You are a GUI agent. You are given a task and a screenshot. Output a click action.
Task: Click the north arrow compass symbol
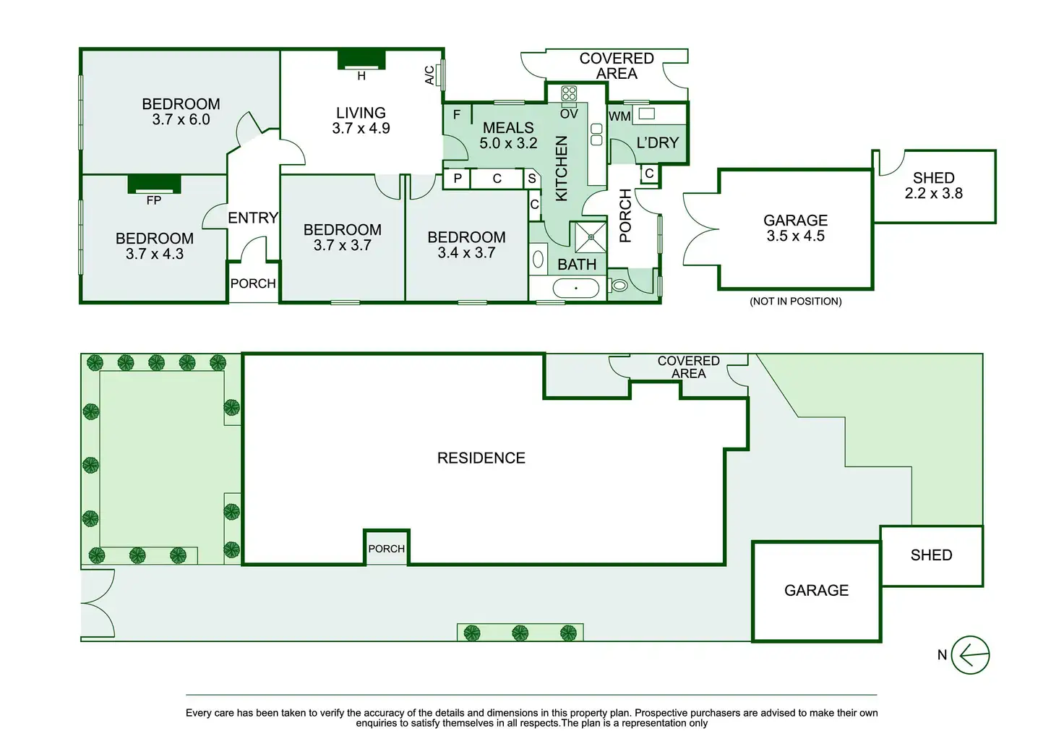pyautogui.click(x=970, y=655)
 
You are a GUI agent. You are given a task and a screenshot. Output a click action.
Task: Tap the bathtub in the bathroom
pyautogui.click(x=576, y=289)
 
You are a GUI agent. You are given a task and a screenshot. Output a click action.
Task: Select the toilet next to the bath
pyautogui.click(x=619, y=285)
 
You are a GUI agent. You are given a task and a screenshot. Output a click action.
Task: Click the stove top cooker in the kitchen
pyautogui.click(x=569, y=93)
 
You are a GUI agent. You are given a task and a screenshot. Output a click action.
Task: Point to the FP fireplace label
pyautogui.click(x=154, y=200)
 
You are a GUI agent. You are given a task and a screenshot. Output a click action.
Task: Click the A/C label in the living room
pyautogui.click(x=429, y=75)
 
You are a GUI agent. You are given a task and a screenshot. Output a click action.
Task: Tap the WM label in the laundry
pyautogui.click(x=619, y=116)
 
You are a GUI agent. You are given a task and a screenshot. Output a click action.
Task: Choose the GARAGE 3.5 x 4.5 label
pyautogui.click(x=795, y=228)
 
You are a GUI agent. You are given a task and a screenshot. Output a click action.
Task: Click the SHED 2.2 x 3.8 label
pyautogui.click(x=934, y=186)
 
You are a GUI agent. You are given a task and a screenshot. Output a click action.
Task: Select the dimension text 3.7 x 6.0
pyautogui.click(x=181, y=120)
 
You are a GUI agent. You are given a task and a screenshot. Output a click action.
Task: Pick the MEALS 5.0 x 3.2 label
pyautogui.click(x=508, y=135)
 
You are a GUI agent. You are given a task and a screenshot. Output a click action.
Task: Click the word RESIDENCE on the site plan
pyautogui.click(x=481, y=458)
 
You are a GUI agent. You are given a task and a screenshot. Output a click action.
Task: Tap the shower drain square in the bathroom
pyautogui.click(x=591, y=237)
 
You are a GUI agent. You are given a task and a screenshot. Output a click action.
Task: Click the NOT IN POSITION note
pyautogui.click(x=795, y=302)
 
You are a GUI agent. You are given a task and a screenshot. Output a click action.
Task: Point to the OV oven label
pyautogui.click(x=569, y=114)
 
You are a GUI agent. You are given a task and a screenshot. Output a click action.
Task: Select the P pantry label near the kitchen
pyautogui.click(x=458, y=179)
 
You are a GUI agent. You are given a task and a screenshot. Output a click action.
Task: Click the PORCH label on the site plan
pyautogui.click(x=387, y=549)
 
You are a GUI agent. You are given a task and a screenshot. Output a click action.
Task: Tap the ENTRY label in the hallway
pyautogui.click(x=253, y=218)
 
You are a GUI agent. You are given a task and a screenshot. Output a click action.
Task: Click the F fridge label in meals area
pyautogui.click(x=457, y=115)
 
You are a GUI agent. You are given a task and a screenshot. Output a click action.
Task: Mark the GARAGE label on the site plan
pyautogui.click(x=816, y=591)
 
